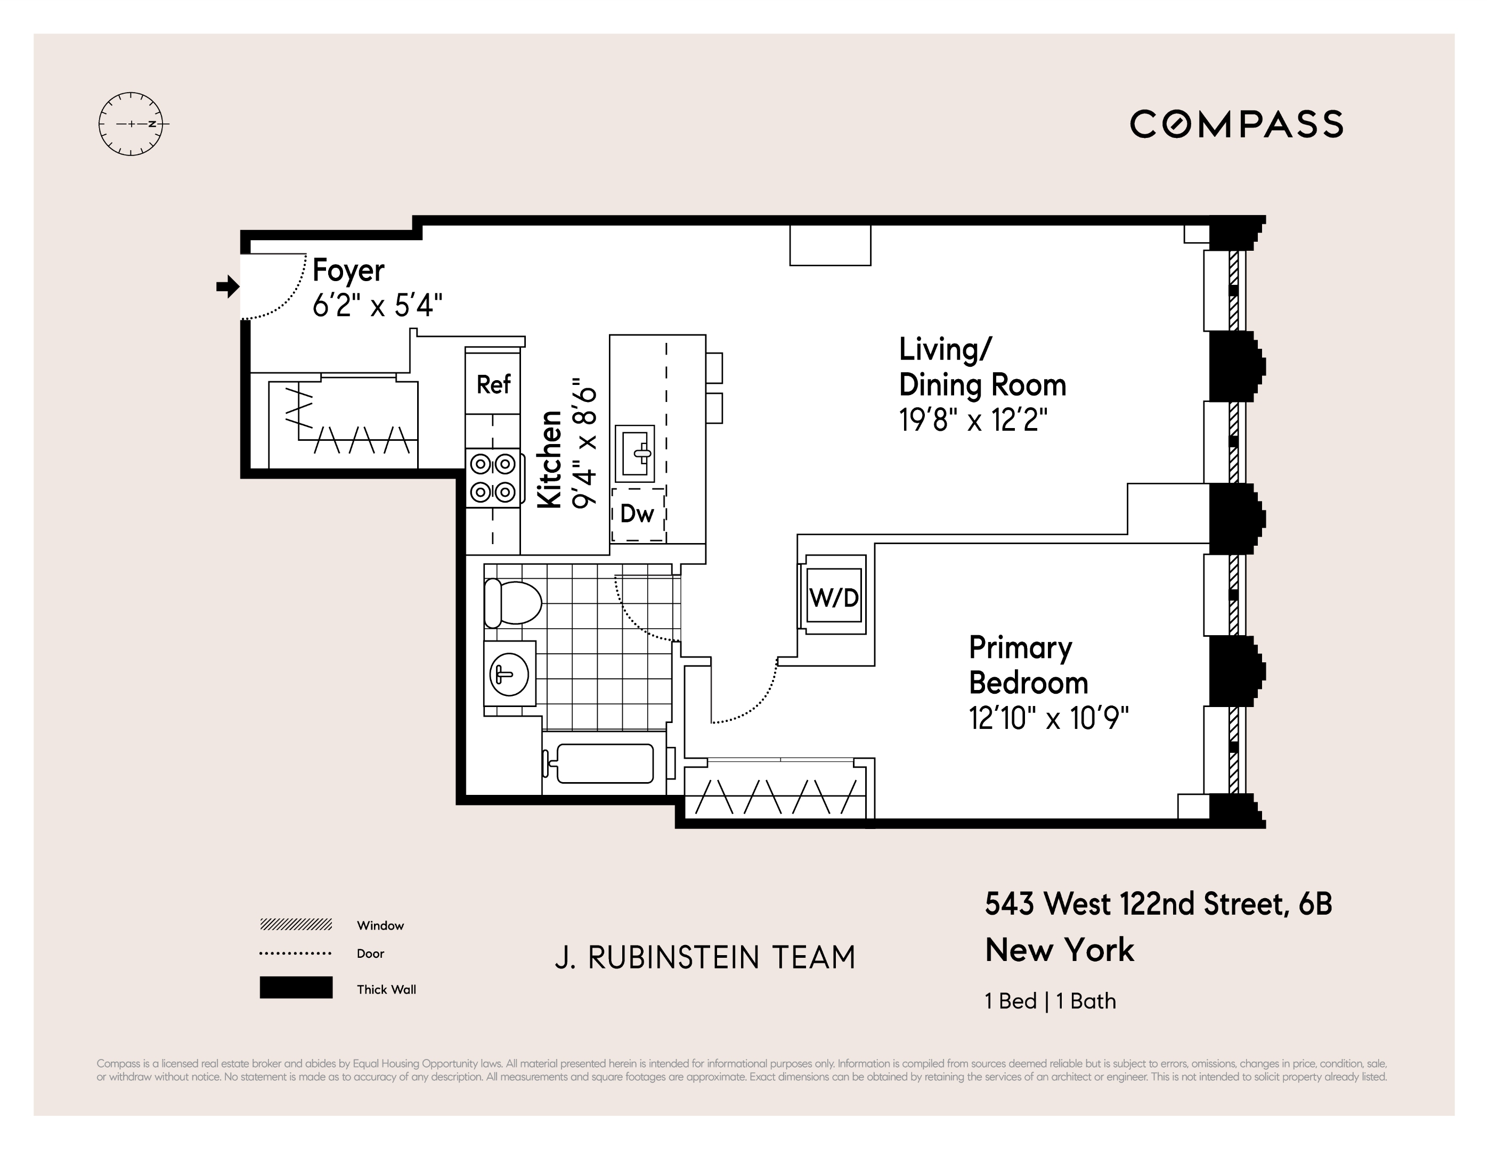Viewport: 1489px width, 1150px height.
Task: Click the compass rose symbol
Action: click(131, 124)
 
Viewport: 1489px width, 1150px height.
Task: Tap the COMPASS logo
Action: click(1236, 125)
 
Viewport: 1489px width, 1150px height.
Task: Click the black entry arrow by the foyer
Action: click(227, 287)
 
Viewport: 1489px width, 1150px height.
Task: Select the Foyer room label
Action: click(348, 271)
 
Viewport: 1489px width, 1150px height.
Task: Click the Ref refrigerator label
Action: click(493, 385)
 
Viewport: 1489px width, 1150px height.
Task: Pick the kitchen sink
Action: click(634, 454)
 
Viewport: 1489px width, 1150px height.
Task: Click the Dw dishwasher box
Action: click(638, 514)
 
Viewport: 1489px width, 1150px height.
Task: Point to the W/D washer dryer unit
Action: click(834, 597)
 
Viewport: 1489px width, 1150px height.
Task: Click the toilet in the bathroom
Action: click(511, 603)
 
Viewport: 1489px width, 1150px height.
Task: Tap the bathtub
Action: click(604, 763)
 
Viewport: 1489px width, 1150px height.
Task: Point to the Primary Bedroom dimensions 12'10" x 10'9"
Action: click(1048, 718)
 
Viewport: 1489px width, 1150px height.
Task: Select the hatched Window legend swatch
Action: click(296, 924)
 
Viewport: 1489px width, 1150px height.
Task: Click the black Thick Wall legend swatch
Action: click(296, 988)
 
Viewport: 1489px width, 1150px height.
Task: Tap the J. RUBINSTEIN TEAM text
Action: click(705, 958)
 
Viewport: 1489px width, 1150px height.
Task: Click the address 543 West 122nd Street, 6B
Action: click(1158, 905)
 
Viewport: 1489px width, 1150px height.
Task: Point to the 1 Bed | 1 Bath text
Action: click(1050, 1001)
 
